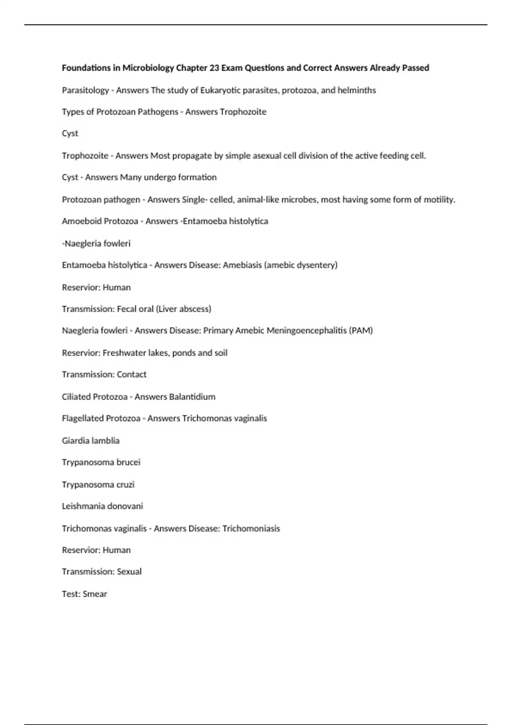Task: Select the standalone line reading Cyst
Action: (70, 133)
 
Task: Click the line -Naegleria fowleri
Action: (96, 244)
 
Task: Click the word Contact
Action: (131, 374)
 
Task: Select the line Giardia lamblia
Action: (90, 441)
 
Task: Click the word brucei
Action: (128, 462)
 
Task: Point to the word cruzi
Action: (125, 484)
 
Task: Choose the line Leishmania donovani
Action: (102, 506)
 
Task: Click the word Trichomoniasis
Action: (251, 528)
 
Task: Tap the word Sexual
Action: (129, 571)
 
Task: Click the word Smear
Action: (95, 594)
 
